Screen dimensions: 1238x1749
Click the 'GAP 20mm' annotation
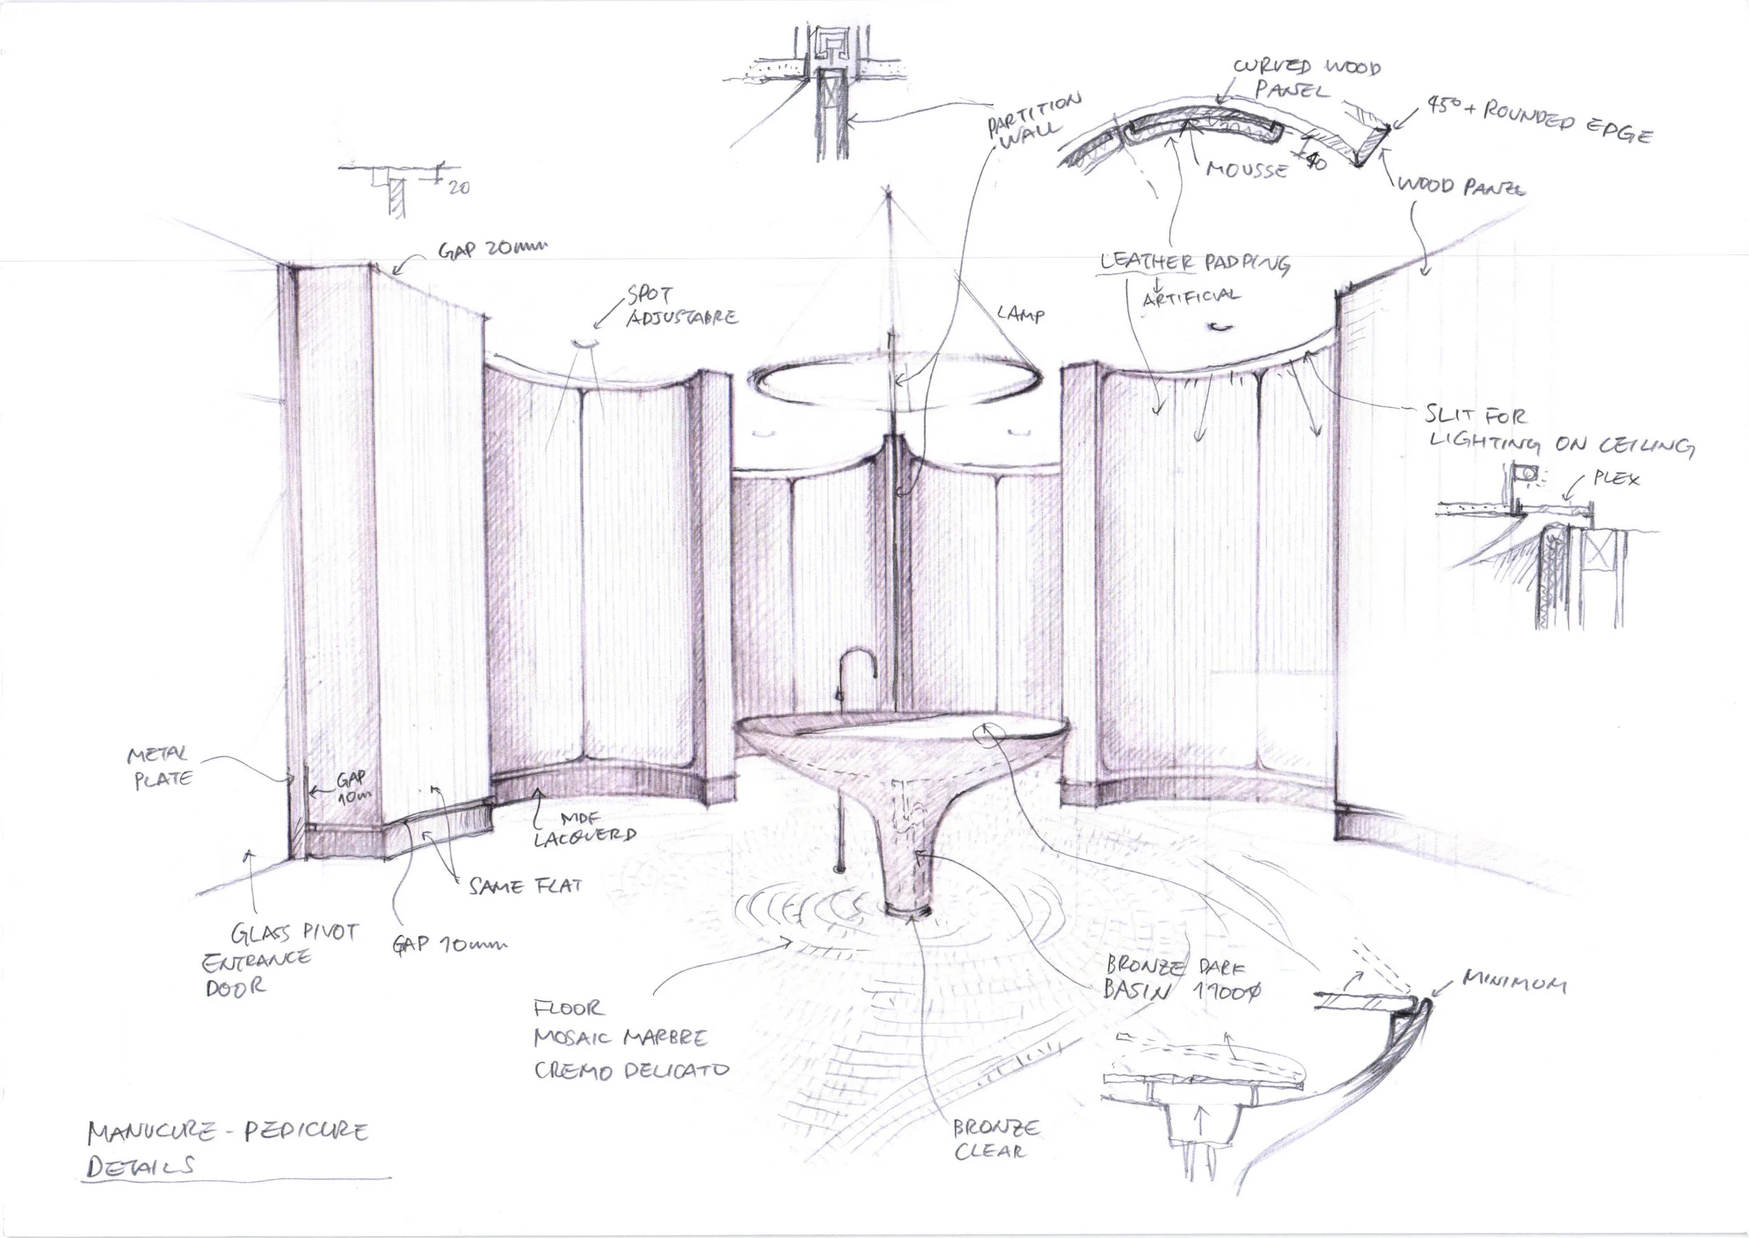coord(492,249)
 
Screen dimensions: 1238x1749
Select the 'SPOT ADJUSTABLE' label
coord(681,307)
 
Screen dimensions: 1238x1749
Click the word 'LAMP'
coord(1021,314)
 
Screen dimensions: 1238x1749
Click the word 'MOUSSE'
coord(1246,169)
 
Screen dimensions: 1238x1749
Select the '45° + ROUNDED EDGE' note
coord(1539,120)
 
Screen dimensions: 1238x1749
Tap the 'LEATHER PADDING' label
coord(1194,263)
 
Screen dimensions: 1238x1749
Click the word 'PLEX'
coord(1616,479)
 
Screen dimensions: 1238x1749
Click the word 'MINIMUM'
coord(1514,983)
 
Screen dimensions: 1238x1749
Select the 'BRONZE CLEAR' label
coord(995,1139)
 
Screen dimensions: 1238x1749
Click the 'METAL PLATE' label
coord(160,767)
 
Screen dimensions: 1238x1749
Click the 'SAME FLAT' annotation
coord(525,886)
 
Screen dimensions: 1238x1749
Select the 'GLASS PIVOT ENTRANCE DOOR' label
coord(278,958)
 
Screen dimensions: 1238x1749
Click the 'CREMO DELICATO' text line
coord(631,1069)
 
